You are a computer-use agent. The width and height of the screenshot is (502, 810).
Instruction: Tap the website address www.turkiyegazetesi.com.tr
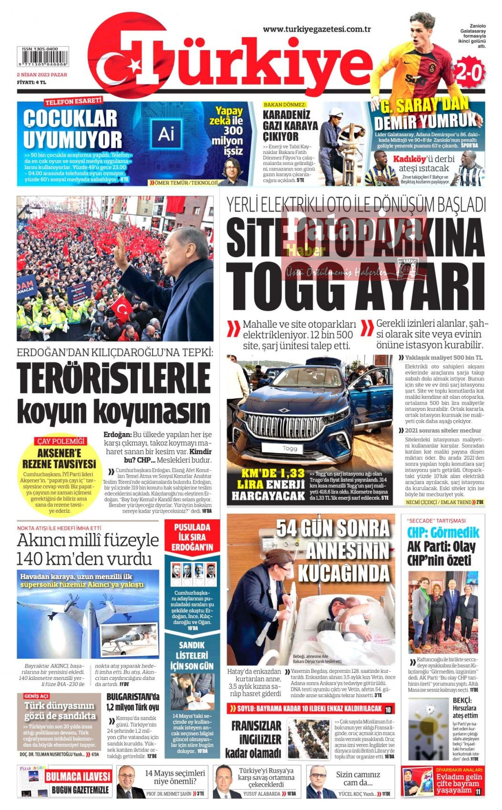(x=317, y=29)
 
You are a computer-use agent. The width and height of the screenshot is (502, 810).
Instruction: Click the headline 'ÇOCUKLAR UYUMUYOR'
(x=72, y=129)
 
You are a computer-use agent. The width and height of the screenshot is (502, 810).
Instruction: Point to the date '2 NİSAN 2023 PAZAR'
(x=42, y=75)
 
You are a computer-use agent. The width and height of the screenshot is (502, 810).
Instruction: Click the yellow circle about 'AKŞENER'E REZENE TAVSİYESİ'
(x=59, y=475)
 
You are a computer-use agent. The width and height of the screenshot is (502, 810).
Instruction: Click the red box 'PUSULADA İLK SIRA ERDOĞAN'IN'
(x=192, y=537)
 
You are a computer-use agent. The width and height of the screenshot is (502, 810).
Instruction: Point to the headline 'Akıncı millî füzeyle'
(x=88, y=540)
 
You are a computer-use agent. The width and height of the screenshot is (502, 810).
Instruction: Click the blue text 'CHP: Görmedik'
(x=443, y=533)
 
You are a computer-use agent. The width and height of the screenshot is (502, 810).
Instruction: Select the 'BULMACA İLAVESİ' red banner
(x=78, y=776)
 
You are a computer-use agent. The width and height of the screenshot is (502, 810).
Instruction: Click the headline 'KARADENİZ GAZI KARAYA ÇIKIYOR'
(x=290, y=125)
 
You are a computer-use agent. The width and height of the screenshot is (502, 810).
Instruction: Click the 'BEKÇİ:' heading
(x=462, y=700)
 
